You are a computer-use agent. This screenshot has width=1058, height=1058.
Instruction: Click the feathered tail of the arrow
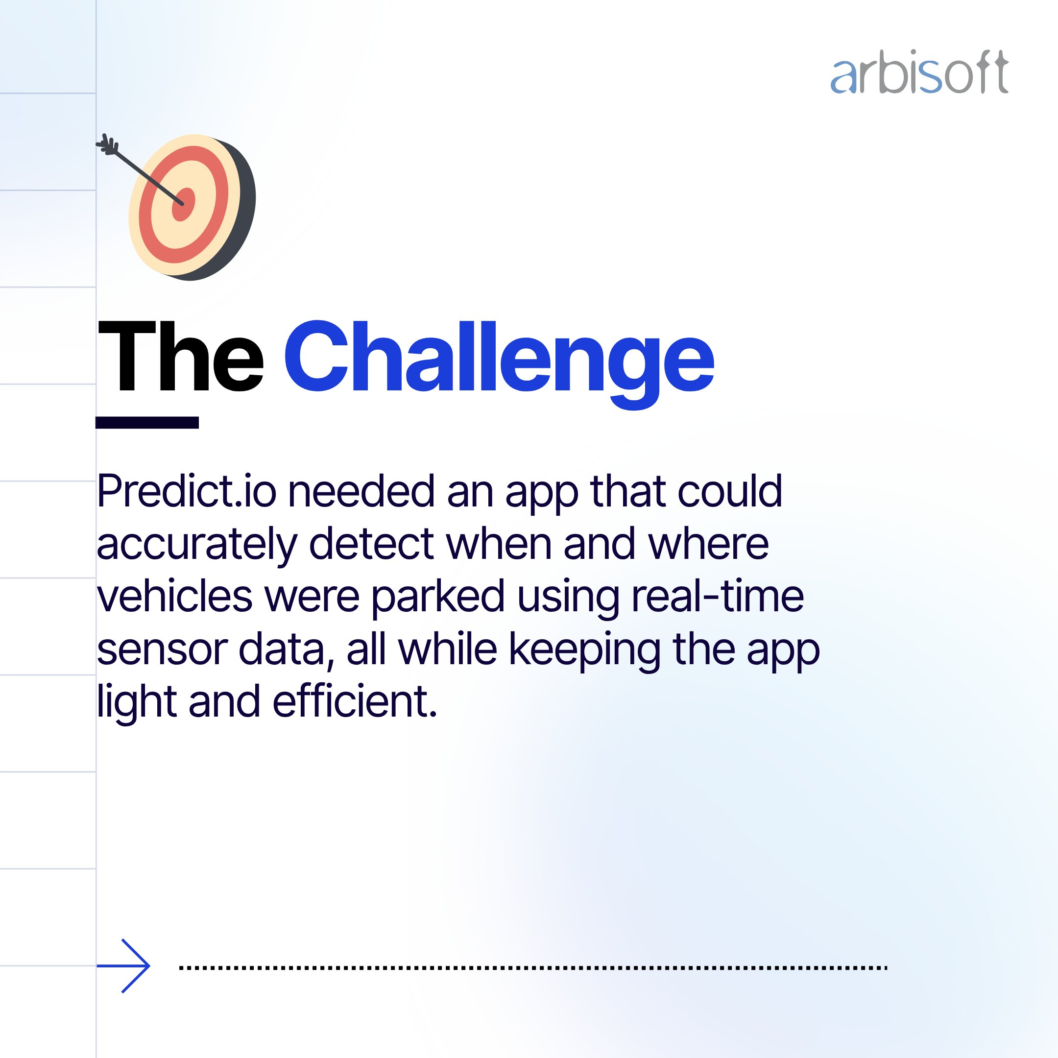[107, 144]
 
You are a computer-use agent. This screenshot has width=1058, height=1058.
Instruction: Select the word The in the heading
[181, 357]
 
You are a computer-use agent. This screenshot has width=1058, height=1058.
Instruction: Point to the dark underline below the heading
[147, 422]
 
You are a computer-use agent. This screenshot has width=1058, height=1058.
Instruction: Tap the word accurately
[196, 546]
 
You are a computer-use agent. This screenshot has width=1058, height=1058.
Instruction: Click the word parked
[438, 599]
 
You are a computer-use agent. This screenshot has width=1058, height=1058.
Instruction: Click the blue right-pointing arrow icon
[123, 966]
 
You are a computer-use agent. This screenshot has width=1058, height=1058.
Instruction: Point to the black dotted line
[533, 968]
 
